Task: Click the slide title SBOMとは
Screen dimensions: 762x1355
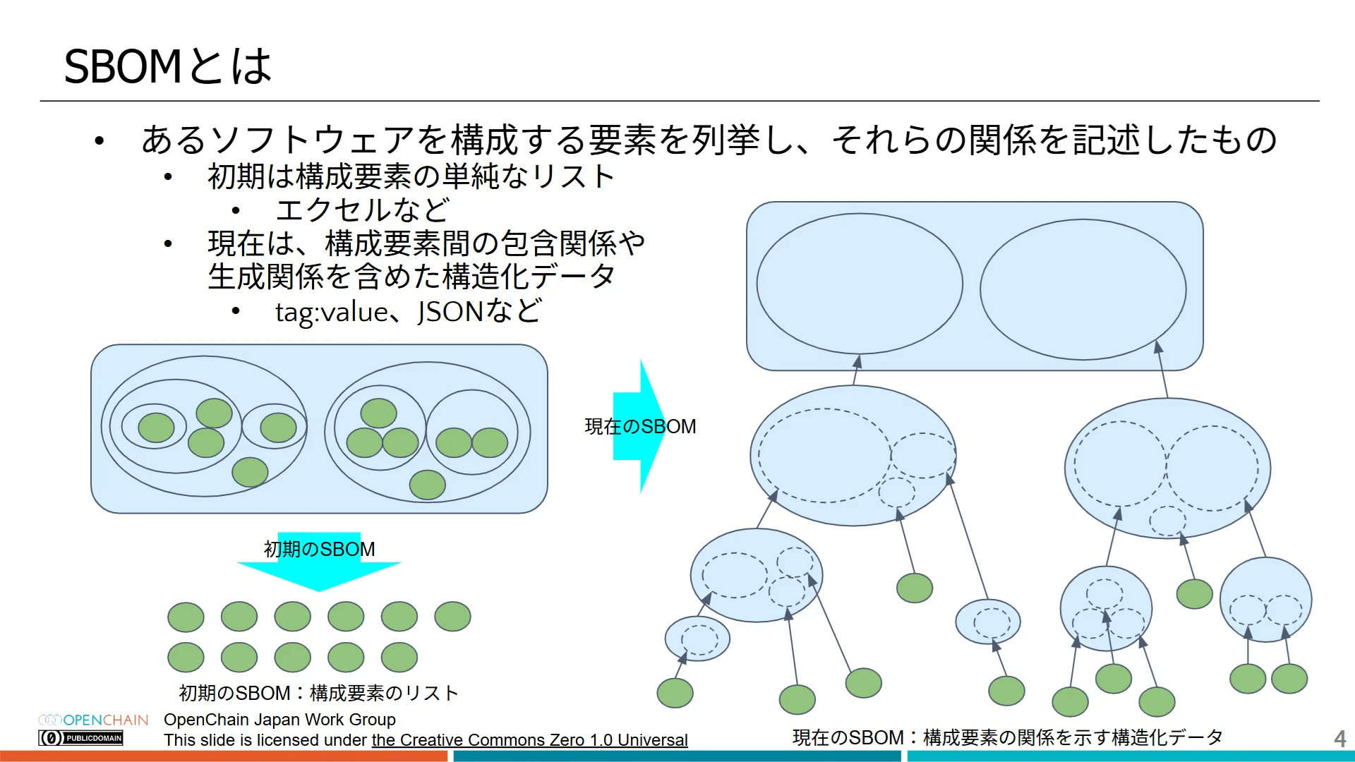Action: (x=168, y=67)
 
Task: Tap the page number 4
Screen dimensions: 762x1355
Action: (x=1339, y=739)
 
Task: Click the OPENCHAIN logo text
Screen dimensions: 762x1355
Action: (x=106, y=720)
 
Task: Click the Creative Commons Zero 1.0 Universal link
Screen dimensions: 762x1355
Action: (x=529, y=740)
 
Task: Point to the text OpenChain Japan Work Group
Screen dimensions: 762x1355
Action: (x=279, y=720)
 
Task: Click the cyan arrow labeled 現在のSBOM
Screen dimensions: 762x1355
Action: (x=639, y=426)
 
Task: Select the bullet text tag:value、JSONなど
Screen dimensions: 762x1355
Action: (x=409, y=312)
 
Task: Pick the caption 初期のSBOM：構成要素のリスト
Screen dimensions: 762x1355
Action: (x=319, y=693)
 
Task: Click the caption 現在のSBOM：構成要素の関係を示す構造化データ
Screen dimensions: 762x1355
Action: (x=1007, y=737)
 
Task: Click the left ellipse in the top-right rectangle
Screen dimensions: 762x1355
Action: (x=859, y=284)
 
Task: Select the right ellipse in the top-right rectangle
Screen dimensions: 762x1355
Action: (x=1083, y=289)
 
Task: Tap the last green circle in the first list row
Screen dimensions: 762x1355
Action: (x=452, y=617)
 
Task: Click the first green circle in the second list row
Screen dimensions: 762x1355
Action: (x=186, y=658)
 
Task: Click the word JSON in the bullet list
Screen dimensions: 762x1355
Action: (x=450, y=312)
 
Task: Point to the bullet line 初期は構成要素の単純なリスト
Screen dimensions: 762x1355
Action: (x=411, y=176)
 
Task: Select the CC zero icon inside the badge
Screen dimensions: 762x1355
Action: (x=51, y=738)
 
